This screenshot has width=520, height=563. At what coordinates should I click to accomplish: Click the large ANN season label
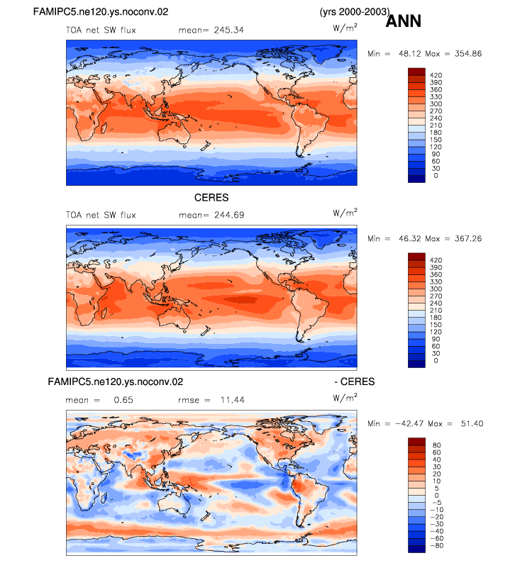click(x=403, y=21)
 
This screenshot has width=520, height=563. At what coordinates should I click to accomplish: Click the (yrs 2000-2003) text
click(x=355, y=12)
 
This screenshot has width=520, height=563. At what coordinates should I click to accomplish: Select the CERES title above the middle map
click(x=211, y=198)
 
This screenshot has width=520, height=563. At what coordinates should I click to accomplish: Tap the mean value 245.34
click(x=228, y=30)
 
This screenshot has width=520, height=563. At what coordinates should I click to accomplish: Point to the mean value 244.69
click(x=229, y=215)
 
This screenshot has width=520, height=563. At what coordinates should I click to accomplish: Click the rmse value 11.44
click(x=233, y=400)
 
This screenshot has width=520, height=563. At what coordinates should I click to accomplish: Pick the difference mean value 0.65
click(x=123, y=400)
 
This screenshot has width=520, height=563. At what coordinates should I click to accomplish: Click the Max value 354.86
click(x=468, y=54)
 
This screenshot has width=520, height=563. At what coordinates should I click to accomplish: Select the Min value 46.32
click(x=410, y=239)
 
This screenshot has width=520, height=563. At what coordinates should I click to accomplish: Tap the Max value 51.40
click(x=472, y=424)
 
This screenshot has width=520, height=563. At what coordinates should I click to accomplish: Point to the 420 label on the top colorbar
click(x=436, y=75)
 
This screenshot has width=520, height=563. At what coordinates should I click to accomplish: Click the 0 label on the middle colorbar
click(x=436, y=360)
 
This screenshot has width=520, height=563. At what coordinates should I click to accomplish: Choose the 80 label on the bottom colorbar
click(x=437, y=445)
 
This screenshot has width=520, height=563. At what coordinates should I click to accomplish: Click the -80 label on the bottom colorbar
click(x=437, y=545)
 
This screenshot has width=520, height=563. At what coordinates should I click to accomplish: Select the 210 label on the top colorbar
click(x=436, y=126)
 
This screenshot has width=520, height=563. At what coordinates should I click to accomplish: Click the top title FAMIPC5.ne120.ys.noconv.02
click(x=101, y=12)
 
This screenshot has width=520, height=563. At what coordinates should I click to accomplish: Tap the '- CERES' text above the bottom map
click(x=355, y=381)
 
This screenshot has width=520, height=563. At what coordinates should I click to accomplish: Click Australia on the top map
click(x=175, y=133)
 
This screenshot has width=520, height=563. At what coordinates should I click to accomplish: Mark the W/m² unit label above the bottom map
click(x=345, y=398)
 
